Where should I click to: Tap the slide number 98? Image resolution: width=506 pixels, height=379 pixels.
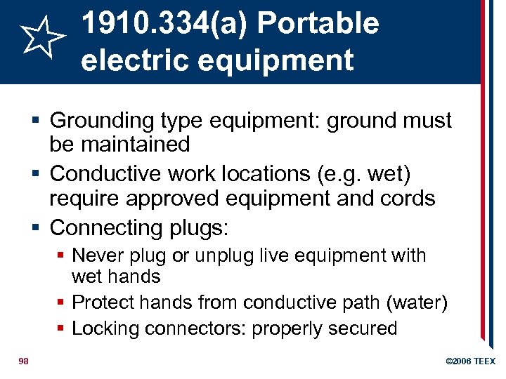[24, 361]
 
